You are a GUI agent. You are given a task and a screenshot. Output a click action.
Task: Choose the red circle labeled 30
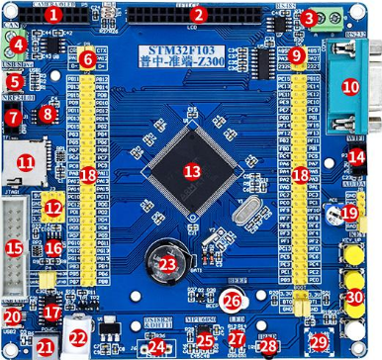click(x=353, y=298)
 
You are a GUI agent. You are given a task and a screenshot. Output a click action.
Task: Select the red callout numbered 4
click(x=18, y=45)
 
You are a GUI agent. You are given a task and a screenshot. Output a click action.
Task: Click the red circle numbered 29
click(x=319, y=341)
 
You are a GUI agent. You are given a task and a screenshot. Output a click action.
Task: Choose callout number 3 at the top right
click(x=309, y=18)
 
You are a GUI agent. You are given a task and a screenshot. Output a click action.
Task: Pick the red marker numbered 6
click(x=87, y=59)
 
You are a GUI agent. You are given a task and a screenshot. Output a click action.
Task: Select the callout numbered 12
click(x=52, y=208)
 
